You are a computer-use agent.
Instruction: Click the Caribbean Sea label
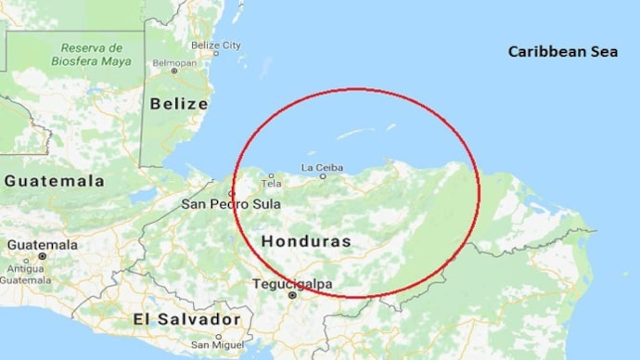tap(562, 52)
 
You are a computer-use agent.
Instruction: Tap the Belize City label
tap(215, 45)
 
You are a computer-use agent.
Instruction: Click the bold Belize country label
tap(179, 104)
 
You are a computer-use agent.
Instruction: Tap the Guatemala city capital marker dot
tap(42, 255)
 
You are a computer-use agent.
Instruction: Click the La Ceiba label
tap(322, 167)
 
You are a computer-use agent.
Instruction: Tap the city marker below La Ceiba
tap(323, 176)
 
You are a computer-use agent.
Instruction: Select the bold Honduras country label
tap(306, 241)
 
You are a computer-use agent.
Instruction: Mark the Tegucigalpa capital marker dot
tap(291, 295)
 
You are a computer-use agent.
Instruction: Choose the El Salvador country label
tap(186, 319)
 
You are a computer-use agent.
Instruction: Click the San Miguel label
tap(216, 344)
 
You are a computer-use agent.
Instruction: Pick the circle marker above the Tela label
tap(271, 175)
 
